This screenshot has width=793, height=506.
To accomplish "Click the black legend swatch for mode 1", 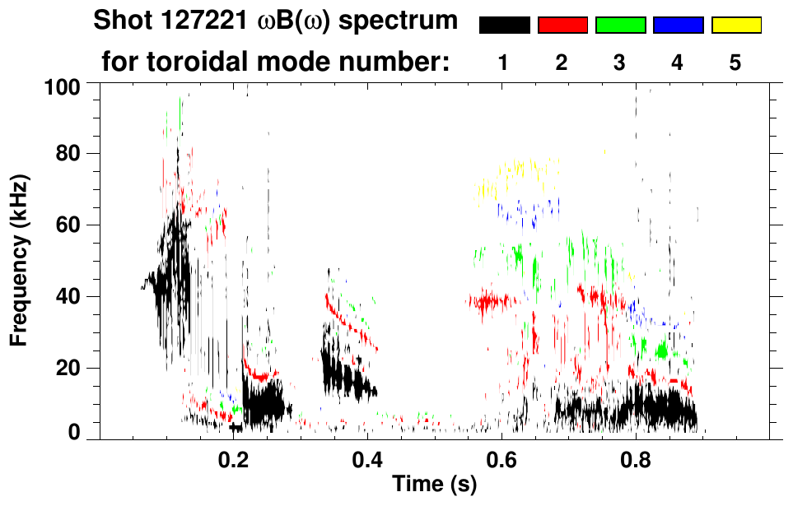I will click(505, 26).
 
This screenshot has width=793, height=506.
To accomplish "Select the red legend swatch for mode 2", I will click(562, 26).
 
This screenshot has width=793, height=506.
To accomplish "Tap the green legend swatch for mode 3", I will click(620, 26).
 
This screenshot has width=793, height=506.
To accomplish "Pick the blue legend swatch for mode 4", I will click(678, 26).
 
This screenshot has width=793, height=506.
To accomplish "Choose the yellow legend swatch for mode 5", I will click(735, 26).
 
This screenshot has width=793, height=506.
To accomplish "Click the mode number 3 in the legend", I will click(620, 63).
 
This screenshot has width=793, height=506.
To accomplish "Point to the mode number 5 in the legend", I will click(735, 63).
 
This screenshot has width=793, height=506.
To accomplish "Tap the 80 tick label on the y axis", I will click(69, 154).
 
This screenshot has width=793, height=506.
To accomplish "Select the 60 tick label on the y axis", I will click(69, 225).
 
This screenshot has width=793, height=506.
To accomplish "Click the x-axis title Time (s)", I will click(434, 485).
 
